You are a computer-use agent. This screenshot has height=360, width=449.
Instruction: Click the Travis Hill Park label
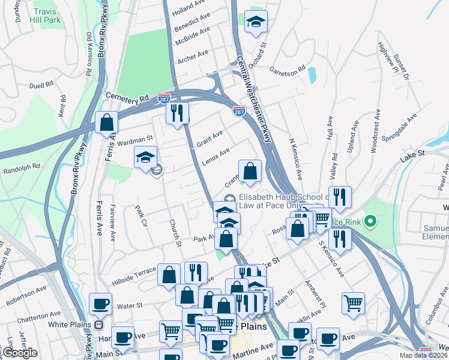tap(47, 16)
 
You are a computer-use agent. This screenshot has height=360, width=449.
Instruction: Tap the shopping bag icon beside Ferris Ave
tap(106, 122)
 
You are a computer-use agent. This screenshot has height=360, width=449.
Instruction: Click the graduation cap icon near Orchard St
tap(256, 22)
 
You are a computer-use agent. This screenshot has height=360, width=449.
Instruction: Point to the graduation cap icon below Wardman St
tap(145, 157)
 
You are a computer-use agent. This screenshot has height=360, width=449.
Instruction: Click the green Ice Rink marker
tap(370, 222)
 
